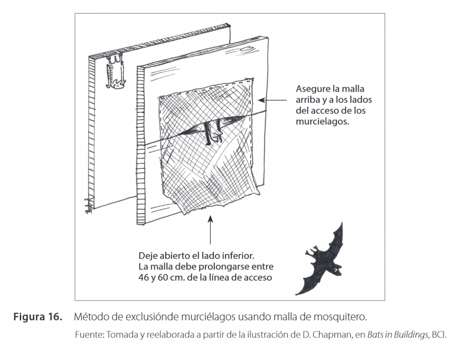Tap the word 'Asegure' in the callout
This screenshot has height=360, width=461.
(x=311, y=89)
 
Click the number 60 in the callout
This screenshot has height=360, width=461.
(x=165, y=278)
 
